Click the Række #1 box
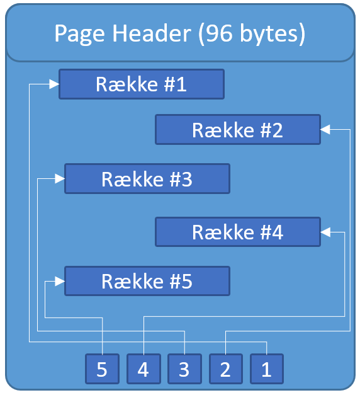(x=142, y=84)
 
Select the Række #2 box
(x=238, y=130)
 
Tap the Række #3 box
(x=147, y=179)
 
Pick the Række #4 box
(x=238, y=232)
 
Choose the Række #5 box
(x=147, y=281)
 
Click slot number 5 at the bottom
(x=102, y=369)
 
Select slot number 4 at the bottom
(x=143, y=369)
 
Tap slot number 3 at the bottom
(x=184, y=369)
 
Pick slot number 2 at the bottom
(x=226, y=369)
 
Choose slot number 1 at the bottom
(x=267, y=369)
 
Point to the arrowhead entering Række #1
(x=54, y=84)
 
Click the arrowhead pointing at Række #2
(x=325, y=130)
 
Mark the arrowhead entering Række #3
(x=60, y=179)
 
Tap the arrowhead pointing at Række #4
(x=325, y=232)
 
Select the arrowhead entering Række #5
(x=60, y=281)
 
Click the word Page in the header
(x=79, y=34)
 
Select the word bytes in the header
(x=269, y=34)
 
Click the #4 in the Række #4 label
(x=272, y=232)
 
